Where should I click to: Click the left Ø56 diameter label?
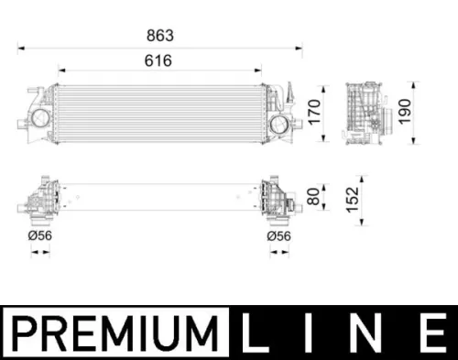tap(40, 236)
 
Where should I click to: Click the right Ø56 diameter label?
tap(278, 236)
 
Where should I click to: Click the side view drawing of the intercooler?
tap(369, 113)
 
